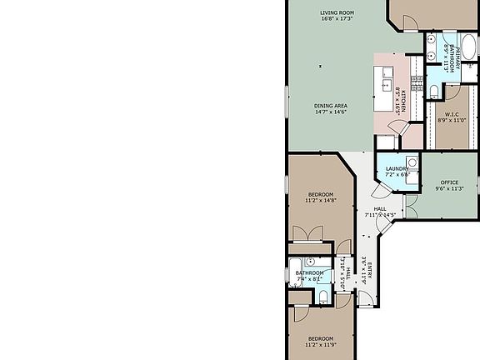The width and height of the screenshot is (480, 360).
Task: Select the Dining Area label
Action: (x=331, y=105)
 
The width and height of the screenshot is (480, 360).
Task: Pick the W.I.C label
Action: (x=452, y=114)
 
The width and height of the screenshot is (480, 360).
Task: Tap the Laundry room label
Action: (x=396, y=168)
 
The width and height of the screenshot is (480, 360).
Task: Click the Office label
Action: (x=450, y=182)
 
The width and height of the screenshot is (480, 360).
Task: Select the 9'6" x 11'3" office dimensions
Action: (x=450, y=189)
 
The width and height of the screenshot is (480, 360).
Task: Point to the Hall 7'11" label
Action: (x=380, y=209)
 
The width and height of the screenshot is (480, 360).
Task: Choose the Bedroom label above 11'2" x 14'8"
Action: (x=319, y=194)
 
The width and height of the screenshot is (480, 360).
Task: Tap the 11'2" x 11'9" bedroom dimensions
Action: (x=320, y=344)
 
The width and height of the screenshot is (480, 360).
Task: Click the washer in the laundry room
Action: (x=412, y=162)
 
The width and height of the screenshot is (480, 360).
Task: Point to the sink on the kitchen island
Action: (x=387, y=84)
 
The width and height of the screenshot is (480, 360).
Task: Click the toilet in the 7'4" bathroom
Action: (x=322, y=295)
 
